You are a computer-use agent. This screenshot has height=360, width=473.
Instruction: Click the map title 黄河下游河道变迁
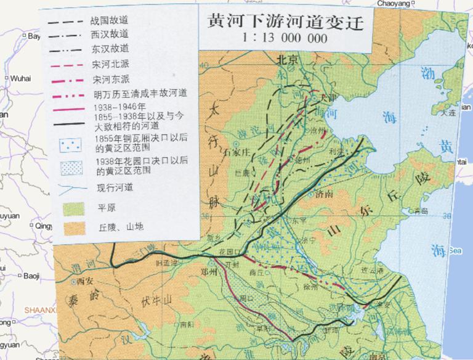click(283, 23)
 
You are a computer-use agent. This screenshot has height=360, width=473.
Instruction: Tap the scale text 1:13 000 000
click(283, 38)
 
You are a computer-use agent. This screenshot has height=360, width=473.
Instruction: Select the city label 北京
click(287, 60)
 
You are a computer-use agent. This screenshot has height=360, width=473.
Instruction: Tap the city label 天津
click(330, 99)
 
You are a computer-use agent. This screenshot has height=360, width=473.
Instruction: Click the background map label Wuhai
click(19, 79)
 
